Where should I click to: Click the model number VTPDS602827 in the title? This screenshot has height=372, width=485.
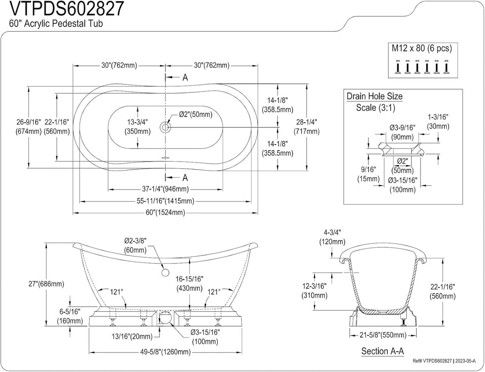coord(68,9)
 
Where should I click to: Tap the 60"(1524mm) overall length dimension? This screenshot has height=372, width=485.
coord(165,213)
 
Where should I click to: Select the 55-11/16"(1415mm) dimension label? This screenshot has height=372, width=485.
coord(165,201)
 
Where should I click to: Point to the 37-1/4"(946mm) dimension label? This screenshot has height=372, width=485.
coord(165,189)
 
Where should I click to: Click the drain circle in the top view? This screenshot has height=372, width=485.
coord(165,127)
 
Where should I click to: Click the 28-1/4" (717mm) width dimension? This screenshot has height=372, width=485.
coord(306,127)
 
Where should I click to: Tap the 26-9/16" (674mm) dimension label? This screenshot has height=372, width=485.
coord(28,127)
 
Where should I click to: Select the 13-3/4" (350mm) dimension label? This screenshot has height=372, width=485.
coord(137,127)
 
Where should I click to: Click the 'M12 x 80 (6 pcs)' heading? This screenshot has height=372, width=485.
coord(422,48)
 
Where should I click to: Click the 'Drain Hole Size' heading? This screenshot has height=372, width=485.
coord(375,96)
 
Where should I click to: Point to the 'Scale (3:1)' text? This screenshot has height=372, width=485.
coord(376,108)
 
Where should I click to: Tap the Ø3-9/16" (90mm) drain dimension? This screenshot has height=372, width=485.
coord(402,132)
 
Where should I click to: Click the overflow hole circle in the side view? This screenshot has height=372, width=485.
coord(165,272)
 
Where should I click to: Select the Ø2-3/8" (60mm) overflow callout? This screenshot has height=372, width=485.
coord(135,245)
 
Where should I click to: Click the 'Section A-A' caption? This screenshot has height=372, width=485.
coord(383,351)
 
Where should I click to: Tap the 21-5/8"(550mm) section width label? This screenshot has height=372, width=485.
coord(382,335)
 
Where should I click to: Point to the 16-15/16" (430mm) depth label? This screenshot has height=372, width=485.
coord(189,284)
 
